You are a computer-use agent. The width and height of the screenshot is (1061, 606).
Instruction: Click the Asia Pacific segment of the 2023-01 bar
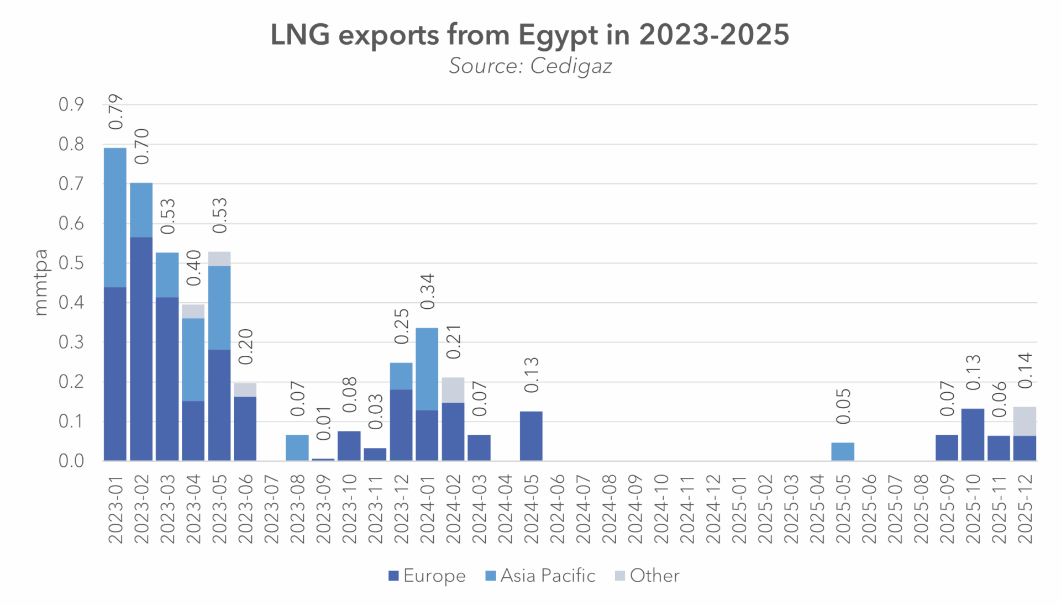point(115,217)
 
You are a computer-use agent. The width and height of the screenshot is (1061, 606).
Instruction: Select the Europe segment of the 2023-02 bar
point(141,349)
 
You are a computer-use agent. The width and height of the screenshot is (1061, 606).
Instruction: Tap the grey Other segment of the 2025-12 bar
point(1025,421)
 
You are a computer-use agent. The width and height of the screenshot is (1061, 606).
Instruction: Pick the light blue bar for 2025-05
point(843,451)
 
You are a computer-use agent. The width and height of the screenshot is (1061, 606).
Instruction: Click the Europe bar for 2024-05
point(531,436)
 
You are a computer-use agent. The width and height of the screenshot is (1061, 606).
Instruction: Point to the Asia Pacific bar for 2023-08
point(297,447)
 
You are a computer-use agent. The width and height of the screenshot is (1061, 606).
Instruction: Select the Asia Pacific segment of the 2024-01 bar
point(427,369)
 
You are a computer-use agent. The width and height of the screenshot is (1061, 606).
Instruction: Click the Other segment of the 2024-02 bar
point(453,390)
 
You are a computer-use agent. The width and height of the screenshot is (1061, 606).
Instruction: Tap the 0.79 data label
point(115,112)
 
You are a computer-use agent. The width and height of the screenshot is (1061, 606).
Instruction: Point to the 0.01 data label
point(324,424)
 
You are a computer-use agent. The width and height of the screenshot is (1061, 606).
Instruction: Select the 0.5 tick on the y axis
point(71,264)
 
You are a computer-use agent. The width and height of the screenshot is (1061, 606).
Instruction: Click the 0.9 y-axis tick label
point(71,104)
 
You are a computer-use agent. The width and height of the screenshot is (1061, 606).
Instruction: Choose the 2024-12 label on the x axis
point(713,509)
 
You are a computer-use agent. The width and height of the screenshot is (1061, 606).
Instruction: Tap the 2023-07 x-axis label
point(271,509)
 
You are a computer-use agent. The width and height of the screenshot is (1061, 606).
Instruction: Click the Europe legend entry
point(427,576)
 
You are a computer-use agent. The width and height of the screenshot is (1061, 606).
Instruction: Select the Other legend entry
point(647,576)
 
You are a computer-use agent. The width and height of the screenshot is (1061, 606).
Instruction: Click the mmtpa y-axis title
point(41,283)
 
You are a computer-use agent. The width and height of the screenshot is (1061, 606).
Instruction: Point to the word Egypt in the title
point(558,35)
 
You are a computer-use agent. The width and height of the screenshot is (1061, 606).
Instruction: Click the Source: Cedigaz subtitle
point(530,66)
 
